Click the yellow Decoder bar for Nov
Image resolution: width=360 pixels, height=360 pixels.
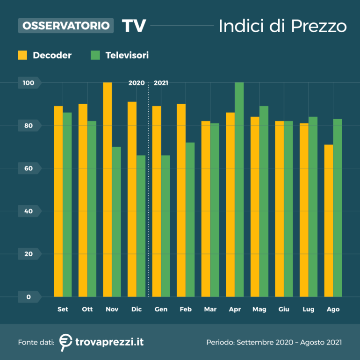click(108, 189)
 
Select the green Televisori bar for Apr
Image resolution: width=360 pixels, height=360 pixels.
click(239, 189)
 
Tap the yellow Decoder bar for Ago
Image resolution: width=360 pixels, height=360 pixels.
click(329, 221)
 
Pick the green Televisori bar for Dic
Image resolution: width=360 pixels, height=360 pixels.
click(141, 226)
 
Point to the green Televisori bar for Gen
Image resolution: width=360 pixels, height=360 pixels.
click(166, 226)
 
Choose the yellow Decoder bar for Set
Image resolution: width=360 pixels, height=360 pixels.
click(58, 201)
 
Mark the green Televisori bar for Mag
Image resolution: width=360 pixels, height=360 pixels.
click(264, 201)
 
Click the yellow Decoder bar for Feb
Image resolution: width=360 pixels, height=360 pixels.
click(181, 200)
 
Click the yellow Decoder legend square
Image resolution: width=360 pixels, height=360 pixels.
click(23, 55)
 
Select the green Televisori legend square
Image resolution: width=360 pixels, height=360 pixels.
click(95, 55)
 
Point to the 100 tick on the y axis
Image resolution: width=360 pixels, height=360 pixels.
click(28, 83)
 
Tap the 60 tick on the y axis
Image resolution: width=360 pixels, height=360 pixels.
click(28, 168)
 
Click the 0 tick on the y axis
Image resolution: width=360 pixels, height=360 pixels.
click(28, 297)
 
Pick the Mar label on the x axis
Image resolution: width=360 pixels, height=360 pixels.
click(210, 310)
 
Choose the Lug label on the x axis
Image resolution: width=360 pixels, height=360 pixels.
click(308, 310)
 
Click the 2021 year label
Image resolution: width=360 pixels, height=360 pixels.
click(161, 83)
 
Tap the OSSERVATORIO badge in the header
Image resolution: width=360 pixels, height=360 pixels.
click(66, 25)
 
